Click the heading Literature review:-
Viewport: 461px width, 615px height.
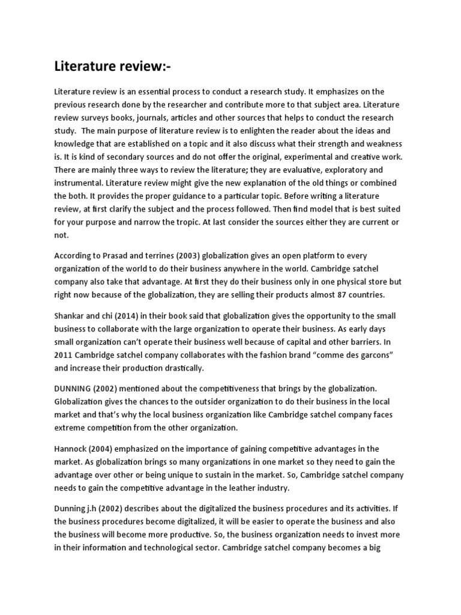(x=112, y=66)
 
